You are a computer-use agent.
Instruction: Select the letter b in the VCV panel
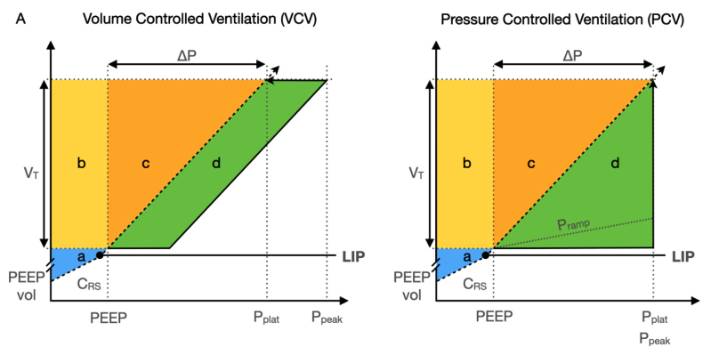(x=80, y=163)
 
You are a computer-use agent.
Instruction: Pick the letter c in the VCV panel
(x=144, y=163)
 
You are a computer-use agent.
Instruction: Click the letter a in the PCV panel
(x=466, y=256)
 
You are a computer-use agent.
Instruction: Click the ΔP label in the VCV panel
(x=187, y=54)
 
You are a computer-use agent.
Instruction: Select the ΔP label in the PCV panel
(x=573, y=54)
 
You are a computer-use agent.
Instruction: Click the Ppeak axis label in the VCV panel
(x=327, y=318)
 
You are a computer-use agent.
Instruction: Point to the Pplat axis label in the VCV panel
(x=266, y=318)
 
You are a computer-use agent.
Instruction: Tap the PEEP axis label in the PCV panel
(x=493, y=317)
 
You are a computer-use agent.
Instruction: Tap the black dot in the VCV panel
(x=100, y=254)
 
